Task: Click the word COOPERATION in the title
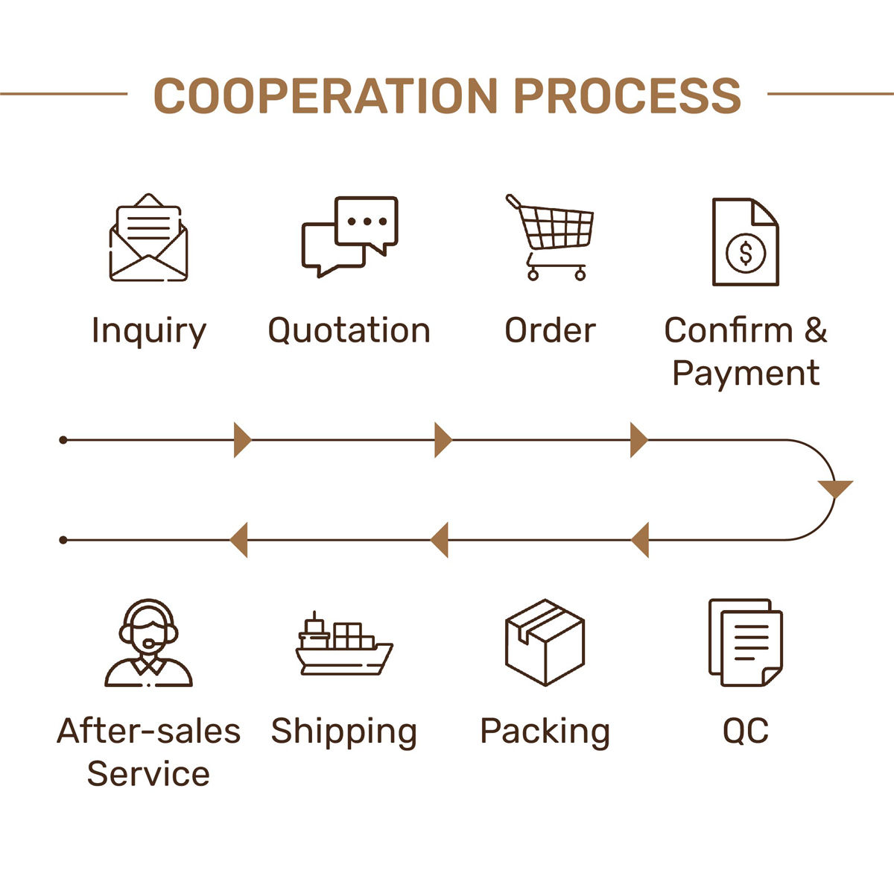click(326, 95)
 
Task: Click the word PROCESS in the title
click(627, 95)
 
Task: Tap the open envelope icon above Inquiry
click(148, 238)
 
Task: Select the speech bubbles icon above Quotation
click(349, 236)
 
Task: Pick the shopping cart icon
click(551, 237)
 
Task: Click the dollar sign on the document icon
click(746, 252)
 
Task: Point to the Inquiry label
click(148, 331)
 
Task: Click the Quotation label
click(349, 330)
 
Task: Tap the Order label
click(550, 330)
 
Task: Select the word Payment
click(745, 373)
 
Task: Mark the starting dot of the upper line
click(63, 440)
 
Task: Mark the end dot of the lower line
click(63, 540)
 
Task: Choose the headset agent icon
click(148, 643)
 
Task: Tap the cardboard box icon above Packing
click(545, 642)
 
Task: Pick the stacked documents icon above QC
click(745, 642)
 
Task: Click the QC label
click(745, 731)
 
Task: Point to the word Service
click(148, 773)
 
